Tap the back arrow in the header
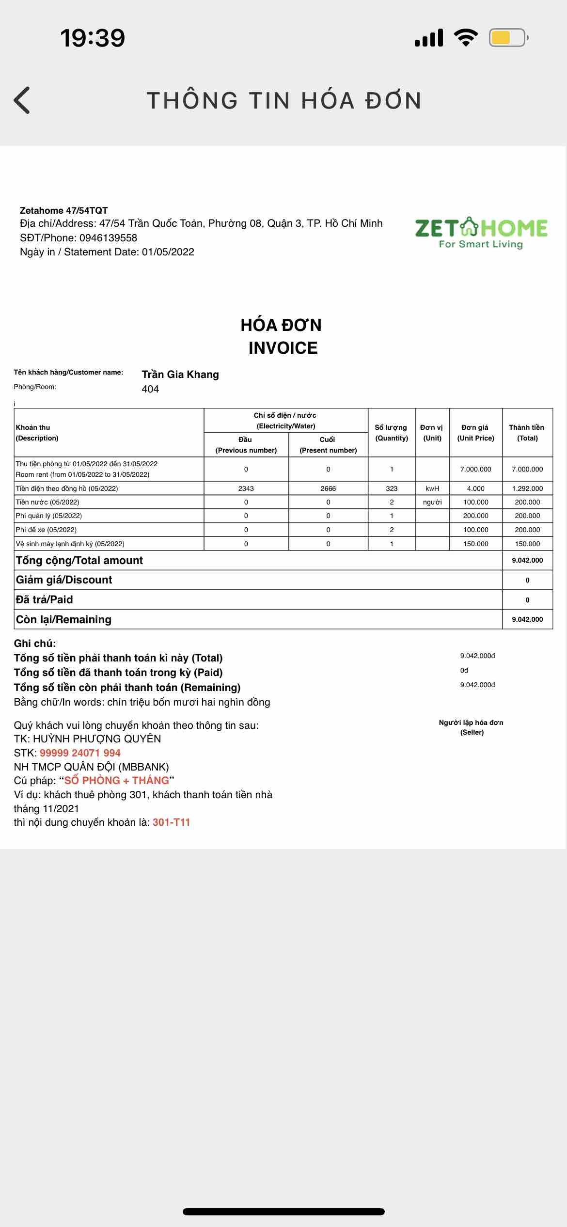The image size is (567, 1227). coord(22,100)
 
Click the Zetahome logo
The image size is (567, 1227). coord(481,233)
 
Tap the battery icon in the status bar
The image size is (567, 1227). coord(507,38)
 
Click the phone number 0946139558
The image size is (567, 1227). coord(108,238)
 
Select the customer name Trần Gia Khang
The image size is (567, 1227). coord(180,375)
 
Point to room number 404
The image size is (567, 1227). coord(150,389)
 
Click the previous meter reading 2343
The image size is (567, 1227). coord(246,488)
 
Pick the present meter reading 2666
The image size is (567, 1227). coord(328,488)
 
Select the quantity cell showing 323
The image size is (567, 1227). coord(392,488)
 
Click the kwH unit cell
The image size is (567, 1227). coord(432,488)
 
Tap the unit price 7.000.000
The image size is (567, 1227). coord(476,469)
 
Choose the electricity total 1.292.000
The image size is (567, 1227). coord(527,488)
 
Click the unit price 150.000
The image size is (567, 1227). coord(476,544)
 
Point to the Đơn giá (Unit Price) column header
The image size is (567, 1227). coord(475,433)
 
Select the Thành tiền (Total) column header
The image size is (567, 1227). coord(527,433)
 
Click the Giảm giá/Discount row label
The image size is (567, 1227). coord(64,580)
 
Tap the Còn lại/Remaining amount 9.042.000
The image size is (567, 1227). coord(527,619)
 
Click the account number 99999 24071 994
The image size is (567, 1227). coord(80,753)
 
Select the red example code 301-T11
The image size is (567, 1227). coord(172,822)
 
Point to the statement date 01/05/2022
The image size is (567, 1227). coord(168,252)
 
